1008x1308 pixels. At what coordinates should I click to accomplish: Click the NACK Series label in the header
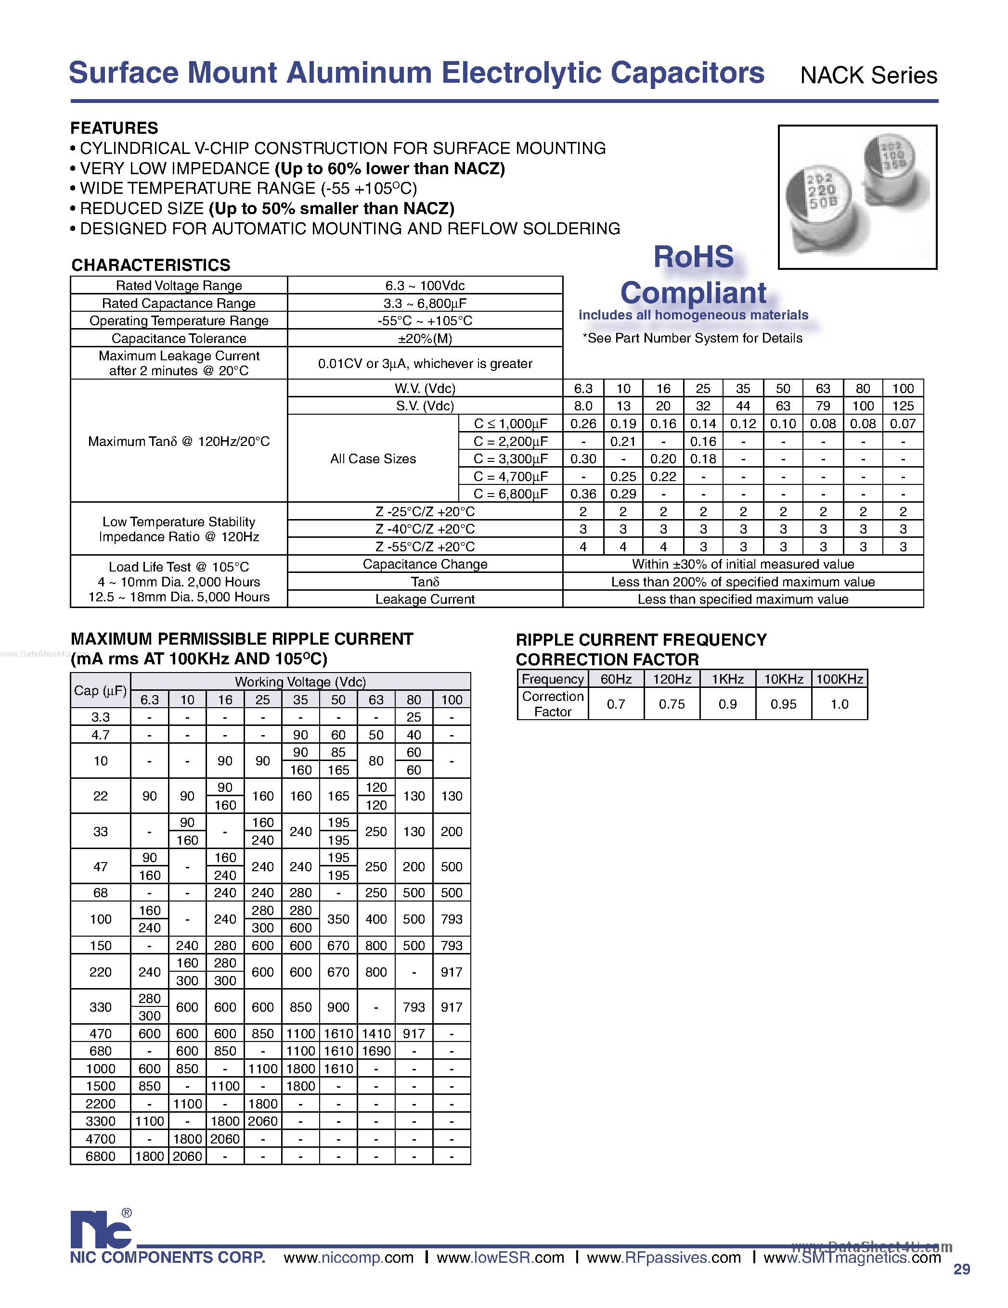pyautogui.click(x=868, y=76)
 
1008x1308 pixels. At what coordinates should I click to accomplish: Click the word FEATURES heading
pyautogui.click(x=114, y=128)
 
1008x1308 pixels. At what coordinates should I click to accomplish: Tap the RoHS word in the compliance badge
pyautogui.click(x=693, y=257)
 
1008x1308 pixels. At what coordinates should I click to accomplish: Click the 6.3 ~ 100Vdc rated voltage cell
pyautogui.click(x=425, y=286)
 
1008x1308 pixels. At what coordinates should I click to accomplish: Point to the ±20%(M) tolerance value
pyautogui.click(x=425, y=338)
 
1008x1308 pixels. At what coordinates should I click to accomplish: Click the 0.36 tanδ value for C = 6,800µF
pyautogui.click(x=583, y=494)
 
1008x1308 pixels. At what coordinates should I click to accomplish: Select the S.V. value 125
pyautogui.click(x=903, y=406)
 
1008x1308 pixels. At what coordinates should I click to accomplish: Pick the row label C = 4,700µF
pyautogui.click(x=511, y=477)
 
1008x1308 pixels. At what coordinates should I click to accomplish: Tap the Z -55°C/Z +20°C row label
pyautogui.click(x=425, y=547)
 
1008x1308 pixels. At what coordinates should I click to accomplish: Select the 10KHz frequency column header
pyautogui.click(x=783, y=679)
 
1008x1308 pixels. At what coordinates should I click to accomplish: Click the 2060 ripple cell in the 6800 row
pyautogui.click(x=187, y=1156)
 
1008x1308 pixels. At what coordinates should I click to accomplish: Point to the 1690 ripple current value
pyautogui.click(x=376, y=1051)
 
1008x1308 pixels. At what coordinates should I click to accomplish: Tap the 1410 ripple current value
pyautogui.click(x=376, y=1034)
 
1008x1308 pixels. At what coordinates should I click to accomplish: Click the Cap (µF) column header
pyautogui.click(x=100, y=690)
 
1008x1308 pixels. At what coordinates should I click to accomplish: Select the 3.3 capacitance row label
pyautogui.click(x=100, y=717)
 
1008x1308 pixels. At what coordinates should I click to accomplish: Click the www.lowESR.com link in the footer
pyautogui.click(x=500, y=1257)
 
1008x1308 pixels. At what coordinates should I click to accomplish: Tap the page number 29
pyautogui.click(x=961, y=1269)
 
